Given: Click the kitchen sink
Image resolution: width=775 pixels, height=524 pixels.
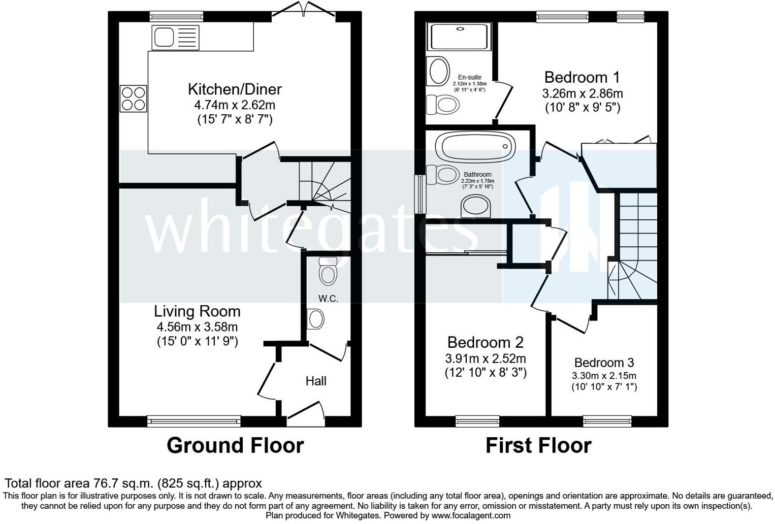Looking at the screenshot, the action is [175, 38].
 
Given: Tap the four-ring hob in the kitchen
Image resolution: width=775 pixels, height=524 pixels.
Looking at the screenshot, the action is [134, 99].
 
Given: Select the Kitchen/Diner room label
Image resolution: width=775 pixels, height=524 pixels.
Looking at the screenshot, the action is [235, 89].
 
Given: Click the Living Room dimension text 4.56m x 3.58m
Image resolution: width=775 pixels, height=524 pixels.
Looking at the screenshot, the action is [197, 326].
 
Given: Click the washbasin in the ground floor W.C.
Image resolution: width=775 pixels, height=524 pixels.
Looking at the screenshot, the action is [315, 318].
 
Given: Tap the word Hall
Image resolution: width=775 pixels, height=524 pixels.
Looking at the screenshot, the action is [316, 381].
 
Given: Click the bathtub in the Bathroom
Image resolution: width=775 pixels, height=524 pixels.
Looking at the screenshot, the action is [475, 147].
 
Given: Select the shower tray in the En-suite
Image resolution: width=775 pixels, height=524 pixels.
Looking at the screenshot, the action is [459, 37].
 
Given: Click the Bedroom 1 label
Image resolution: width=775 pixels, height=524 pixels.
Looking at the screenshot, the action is [582, 77].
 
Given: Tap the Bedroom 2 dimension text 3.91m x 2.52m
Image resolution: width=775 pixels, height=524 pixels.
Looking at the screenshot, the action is [486, 358].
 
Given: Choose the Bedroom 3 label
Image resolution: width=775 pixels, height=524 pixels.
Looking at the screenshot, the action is [604, 363].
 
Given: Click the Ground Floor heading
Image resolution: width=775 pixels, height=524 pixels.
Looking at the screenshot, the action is [235, 445].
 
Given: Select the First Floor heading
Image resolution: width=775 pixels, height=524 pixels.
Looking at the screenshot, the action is [539, 445].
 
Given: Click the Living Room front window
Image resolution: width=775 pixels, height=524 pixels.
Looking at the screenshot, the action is [194, 421].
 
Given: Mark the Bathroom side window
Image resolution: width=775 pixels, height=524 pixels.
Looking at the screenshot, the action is [421, 194].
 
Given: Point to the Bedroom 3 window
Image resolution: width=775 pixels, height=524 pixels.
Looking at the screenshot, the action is [607, 421].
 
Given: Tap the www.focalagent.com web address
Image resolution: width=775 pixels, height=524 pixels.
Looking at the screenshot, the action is [471, 516].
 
